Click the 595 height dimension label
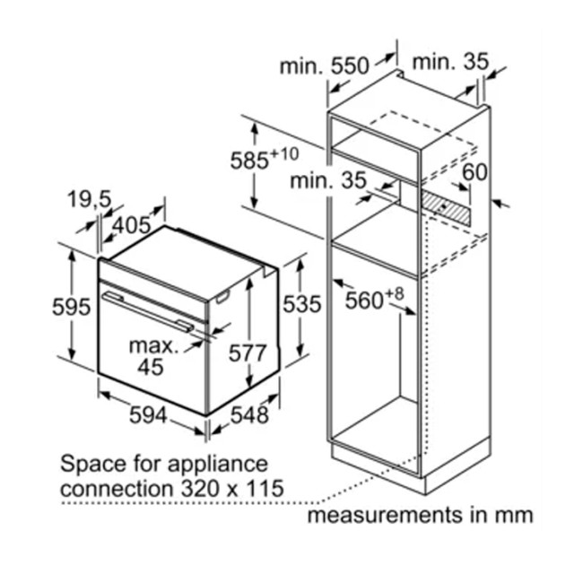(x=71, y=307)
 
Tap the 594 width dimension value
(x=148, y=415)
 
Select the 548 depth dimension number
(x=249, y=414)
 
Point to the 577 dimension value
(x=248, y=352)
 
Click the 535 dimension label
(x=301, y=304)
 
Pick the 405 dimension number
(x=132, y=225)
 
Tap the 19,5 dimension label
(x=89, y=199)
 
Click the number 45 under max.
(x=151, y=367)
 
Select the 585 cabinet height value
(x=249, y=161)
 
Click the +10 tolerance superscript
(x=284, y=153)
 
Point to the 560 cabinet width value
(x=364, y=300)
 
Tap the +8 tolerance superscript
(x=394, y=294)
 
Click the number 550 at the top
(x=350, y=65)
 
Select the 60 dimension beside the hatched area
(x=474, y=172)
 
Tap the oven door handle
(x=148, y=311)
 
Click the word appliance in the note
(x=218, y=465)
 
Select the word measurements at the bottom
(x=385, y=516)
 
